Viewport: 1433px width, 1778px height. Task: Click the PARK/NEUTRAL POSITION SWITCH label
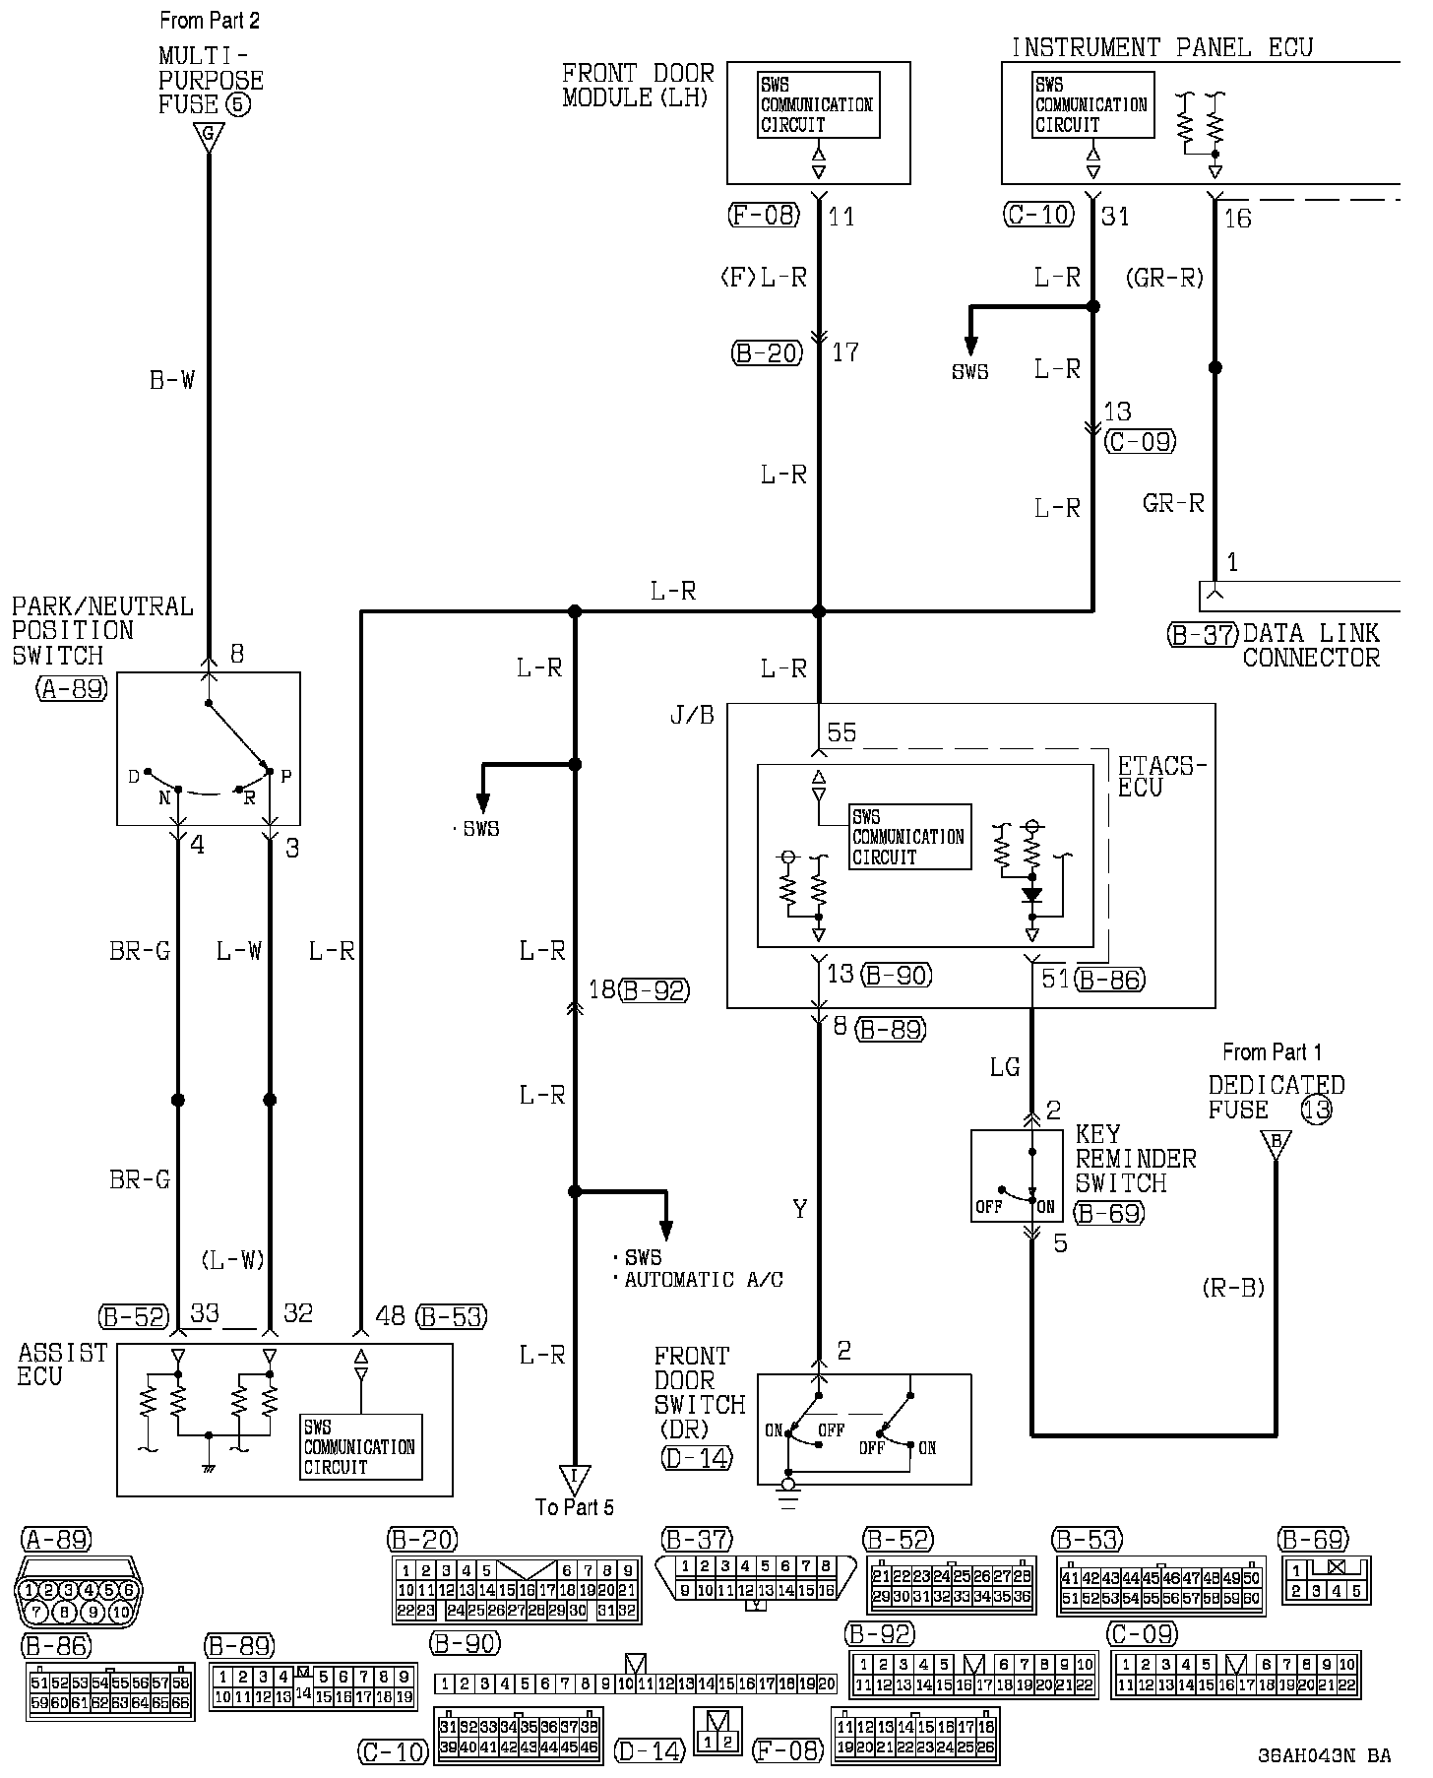[101, 630]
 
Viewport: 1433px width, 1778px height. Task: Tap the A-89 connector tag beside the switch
[72, 689]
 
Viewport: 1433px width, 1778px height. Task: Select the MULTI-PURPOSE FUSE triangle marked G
[208, 137]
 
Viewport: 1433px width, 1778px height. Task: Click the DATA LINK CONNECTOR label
[1310, 646]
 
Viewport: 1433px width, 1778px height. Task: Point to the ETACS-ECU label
[1161, 777]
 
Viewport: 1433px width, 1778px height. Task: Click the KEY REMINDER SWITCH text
[1135, 1159]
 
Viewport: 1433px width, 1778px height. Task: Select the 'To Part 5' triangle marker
[575, 1480]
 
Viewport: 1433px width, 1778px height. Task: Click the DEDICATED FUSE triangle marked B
[1276, 1144]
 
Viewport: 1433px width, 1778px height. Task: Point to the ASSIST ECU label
[62, 1365]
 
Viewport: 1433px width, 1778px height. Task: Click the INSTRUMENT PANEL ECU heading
[1161, 46]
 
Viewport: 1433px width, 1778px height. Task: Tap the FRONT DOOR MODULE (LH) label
[638, 85]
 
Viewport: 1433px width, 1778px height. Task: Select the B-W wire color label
[172, 380]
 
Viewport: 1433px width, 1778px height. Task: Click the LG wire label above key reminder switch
[1004, 1067]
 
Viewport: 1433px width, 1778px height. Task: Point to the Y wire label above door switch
[800, 1209]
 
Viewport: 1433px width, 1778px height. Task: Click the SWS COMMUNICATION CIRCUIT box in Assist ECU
[360, 1446]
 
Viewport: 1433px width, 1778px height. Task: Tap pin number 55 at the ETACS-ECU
[841, 732]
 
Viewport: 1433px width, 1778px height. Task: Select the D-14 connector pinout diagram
[717, 1732]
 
